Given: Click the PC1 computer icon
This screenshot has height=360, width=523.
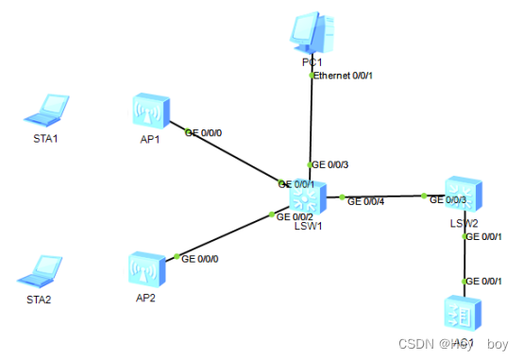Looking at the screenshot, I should click(312, 32).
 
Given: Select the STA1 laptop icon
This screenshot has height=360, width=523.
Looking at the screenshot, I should click(45, 111).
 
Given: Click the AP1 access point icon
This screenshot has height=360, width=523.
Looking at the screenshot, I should click(150, 111).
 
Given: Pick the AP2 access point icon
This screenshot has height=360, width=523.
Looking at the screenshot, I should click(146, 269).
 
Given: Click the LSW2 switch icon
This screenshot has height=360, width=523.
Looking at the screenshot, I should click(464, 196).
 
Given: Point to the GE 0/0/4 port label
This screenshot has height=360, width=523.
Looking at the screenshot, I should click(366, 201).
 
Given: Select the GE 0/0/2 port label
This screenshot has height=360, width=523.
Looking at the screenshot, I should click(295, 216).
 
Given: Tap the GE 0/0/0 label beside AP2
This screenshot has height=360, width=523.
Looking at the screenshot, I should click(202, 257).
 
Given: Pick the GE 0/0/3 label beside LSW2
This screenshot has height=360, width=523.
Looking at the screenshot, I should click(448, 199).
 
